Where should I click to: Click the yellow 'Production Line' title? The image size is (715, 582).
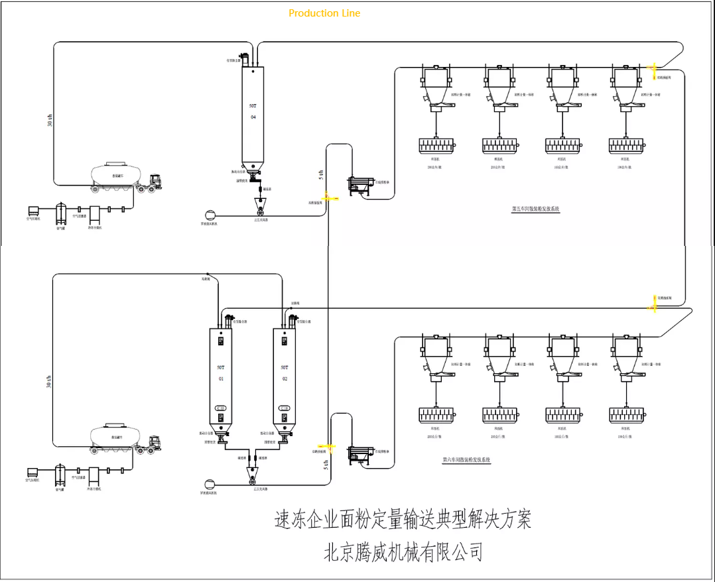pos(324,13)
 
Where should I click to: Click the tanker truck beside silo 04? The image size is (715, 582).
pos(126,178)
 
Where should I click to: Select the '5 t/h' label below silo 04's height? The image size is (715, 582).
pos(322,174)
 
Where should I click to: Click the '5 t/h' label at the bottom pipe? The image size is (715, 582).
pos(325,465)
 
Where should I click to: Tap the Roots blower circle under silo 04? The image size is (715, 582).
pos(210,213)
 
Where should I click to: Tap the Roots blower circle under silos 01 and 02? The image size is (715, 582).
pos(210,484)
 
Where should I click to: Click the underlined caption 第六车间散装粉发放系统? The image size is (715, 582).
pos(466,459)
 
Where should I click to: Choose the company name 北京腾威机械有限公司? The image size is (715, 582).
pos(403,552)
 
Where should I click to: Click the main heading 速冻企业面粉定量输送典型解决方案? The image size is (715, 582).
pos(403,520)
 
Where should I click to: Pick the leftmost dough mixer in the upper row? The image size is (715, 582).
pos(436,145)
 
